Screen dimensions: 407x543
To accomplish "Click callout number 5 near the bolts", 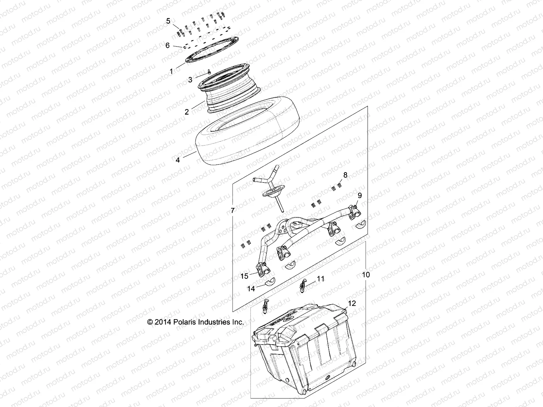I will point(168,21).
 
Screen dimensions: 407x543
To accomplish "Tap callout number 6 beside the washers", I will point(168,45).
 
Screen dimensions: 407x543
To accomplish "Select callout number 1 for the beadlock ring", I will point(171,71).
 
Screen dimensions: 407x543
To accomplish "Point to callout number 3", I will point(190,79).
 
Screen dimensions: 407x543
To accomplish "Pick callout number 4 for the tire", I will point(178,160).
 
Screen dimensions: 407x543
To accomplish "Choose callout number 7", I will point(232,211).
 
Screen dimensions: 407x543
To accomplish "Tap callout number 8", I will point(345,175).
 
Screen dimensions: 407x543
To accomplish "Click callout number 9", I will point(360,195).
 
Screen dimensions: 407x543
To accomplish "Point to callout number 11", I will point(320,279).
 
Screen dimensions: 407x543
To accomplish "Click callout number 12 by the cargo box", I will point(352,304).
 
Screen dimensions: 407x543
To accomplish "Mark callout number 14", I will point(251,289).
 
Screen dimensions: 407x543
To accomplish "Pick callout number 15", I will point(245,276).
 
